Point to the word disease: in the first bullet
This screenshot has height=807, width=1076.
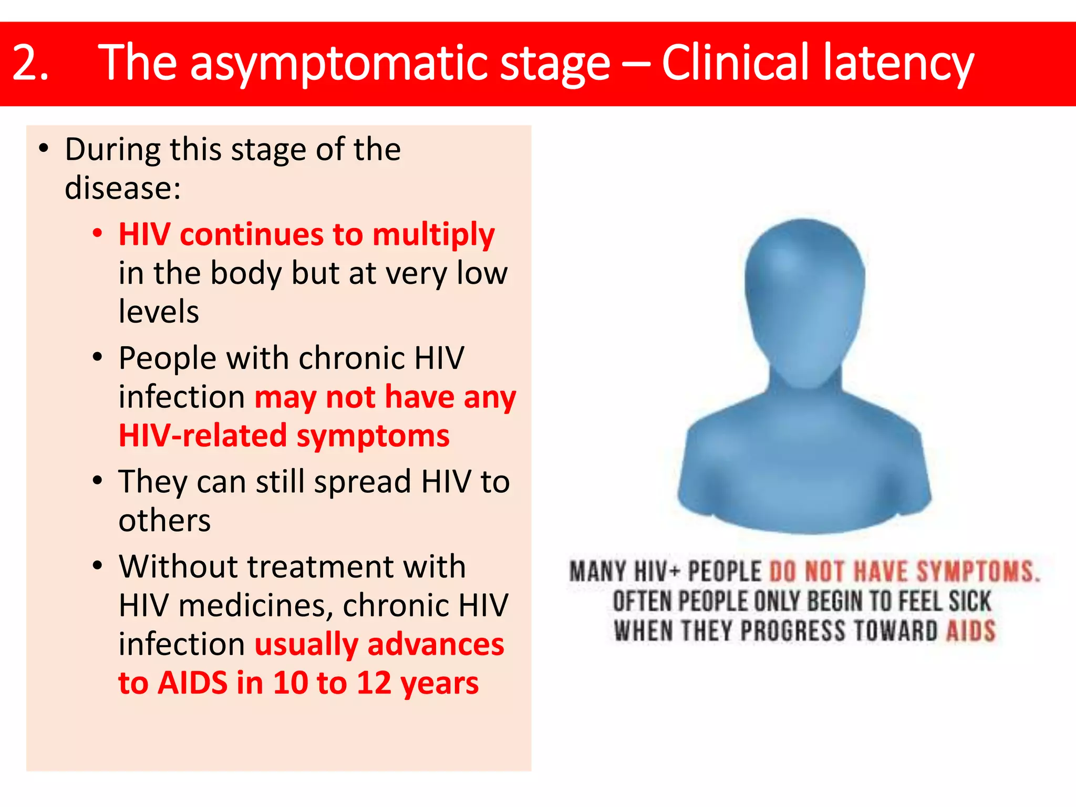click(122, 188)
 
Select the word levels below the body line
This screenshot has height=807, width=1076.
click(159, 312)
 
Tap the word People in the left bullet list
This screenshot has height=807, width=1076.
click(168, 359)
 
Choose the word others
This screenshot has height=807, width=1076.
click(164, 521)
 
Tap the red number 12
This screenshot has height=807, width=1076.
click(374, 683)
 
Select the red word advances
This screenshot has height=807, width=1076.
click(436, 645)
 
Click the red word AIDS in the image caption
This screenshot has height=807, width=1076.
click(970, 631)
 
